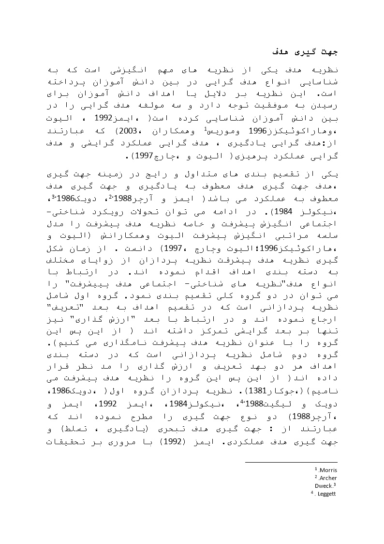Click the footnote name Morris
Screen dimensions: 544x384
click(x=328, y=470)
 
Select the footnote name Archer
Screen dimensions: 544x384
click(x=328, y=478)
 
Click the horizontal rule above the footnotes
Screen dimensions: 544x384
click(x=291, y=462)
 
